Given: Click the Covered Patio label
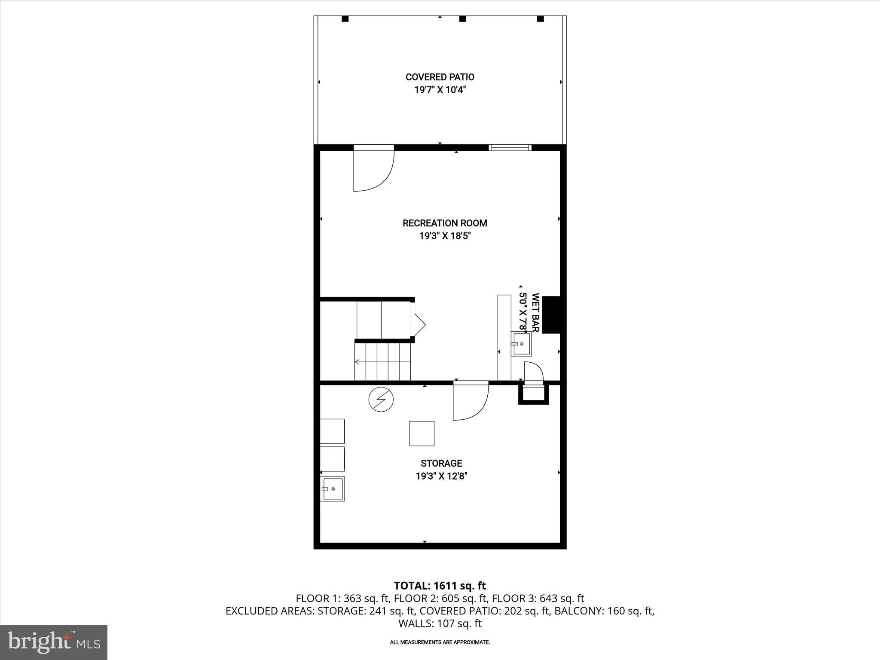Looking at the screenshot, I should point(440,77).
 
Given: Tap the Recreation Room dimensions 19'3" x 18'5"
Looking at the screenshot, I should point(442,236).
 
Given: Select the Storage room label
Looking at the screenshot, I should point(441,463).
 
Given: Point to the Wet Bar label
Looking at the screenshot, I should point(535,312).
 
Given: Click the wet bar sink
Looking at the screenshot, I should point(521,344).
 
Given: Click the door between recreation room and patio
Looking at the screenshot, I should point(373,170).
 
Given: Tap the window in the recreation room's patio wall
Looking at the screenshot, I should point(510,148).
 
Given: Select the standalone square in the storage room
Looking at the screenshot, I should point(422,434).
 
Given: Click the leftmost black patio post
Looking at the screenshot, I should point(345,19).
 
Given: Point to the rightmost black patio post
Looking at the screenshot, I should point(541,19).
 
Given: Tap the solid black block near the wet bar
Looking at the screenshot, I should point(551,315).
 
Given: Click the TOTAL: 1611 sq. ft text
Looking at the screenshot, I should point(440,586).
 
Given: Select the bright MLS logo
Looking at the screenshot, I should point(54,642).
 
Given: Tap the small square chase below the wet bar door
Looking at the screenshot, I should point(534,394).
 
